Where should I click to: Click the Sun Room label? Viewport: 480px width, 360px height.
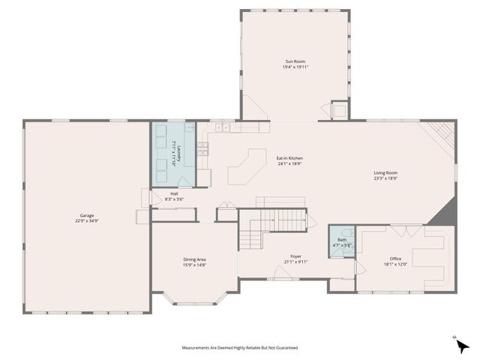pyautogui.click(x=295, y=61)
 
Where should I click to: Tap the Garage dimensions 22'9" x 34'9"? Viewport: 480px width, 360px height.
pyautogui.click(x=82, y=221)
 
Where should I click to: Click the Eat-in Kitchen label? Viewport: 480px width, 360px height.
pyautogui.click(x=289, y=158)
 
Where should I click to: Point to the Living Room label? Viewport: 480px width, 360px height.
pyautogui.click(x=386, y=173)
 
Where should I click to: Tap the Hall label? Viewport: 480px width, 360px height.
pyautogui.click(x=174, y=193)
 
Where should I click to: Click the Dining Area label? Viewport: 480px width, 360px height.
pyautogui.click(x=194, y=259)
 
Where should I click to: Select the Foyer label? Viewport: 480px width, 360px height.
pyautogui.click(x=295, y=256)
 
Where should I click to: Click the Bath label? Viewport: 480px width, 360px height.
pyautogui.click(x=342, y=240)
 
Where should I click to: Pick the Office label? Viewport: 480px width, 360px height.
pyautogui.click(x=395, y=259)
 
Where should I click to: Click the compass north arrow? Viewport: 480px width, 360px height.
pyautogui.click(x=463, y=346)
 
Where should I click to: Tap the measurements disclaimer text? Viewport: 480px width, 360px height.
pyautogui.click(x=239, y=348)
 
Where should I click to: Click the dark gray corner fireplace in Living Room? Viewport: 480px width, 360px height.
pyautogui.click(x=444, y=212)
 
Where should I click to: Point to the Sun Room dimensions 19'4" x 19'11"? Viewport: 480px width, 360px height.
pyautogui.click(x=295, y=67)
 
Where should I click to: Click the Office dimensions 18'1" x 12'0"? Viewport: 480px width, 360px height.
pyautogui.click(x=395, y=265)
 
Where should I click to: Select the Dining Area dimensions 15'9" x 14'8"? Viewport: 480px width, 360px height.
pyautogui.click(x=194, y=265)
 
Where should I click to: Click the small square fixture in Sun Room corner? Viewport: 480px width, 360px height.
pyautogui.click(x=340, y=111)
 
